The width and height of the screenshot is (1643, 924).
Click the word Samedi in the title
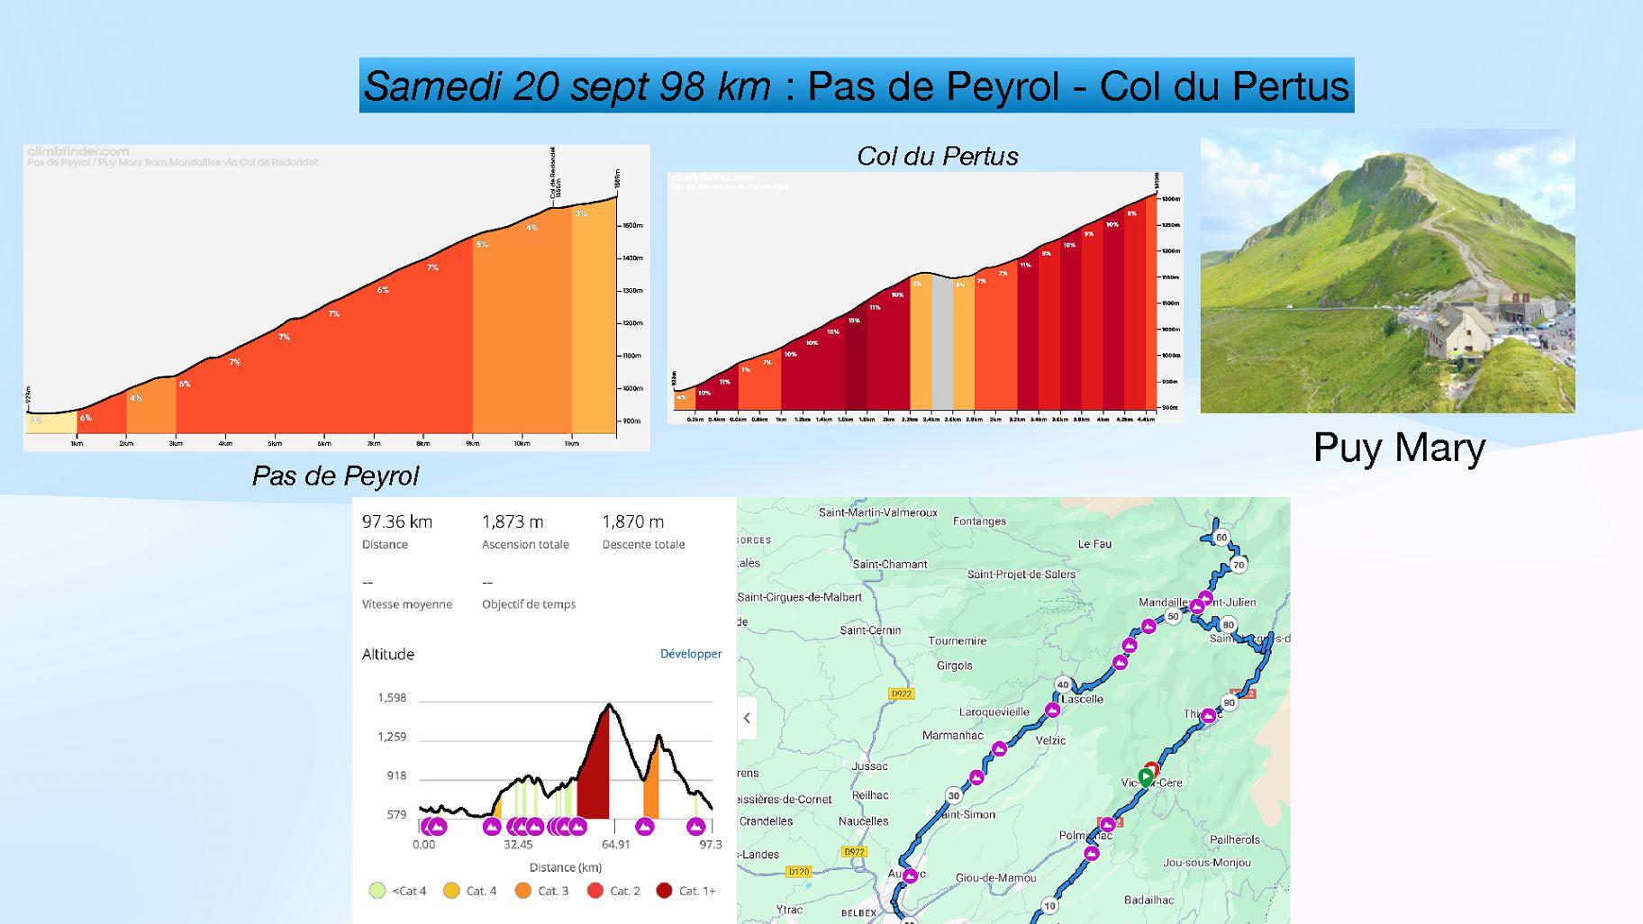tap(429, 86)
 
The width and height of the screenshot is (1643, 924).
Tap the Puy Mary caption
tap(1398, 448)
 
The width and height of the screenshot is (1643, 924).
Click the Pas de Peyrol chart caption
tap(335, 476)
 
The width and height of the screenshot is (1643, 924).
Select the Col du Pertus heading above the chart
tap(937, 157)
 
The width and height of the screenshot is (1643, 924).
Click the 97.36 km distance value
tap(397, 521)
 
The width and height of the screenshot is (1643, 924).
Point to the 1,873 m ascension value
tap(513, 521)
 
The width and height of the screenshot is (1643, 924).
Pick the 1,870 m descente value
tap(632, 521)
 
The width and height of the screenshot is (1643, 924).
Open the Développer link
tap(690, 654)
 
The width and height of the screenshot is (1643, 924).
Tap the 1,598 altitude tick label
tap(392, 698)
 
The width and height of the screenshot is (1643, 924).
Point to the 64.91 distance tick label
tap(616, 844)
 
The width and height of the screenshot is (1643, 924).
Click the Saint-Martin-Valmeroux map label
tap(877, 512)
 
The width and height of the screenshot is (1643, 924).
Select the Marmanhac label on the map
tap(952, 735)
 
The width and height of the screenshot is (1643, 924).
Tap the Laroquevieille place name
tap(994, 711)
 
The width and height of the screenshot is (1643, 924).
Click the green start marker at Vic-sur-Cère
tap(1145, 776)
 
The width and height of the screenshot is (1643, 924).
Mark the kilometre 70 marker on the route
tap(1239, 565)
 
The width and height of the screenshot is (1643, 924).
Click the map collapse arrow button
tap(747, 718)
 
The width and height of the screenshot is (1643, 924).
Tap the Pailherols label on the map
tap(1234, 839)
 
